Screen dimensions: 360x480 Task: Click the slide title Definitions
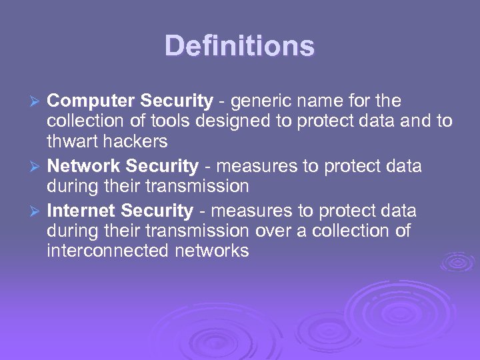[x=239, y=46]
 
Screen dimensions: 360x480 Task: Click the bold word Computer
[x=91, y=101]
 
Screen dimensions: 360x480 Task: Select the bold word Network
[x=83, y=166]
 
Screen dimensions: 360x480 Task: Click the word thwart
[x=69, y=141]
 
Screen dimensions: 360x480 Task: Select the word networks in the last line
[x=217, y=251]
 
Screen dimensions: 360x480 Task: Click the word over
[x=272, y=231]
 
